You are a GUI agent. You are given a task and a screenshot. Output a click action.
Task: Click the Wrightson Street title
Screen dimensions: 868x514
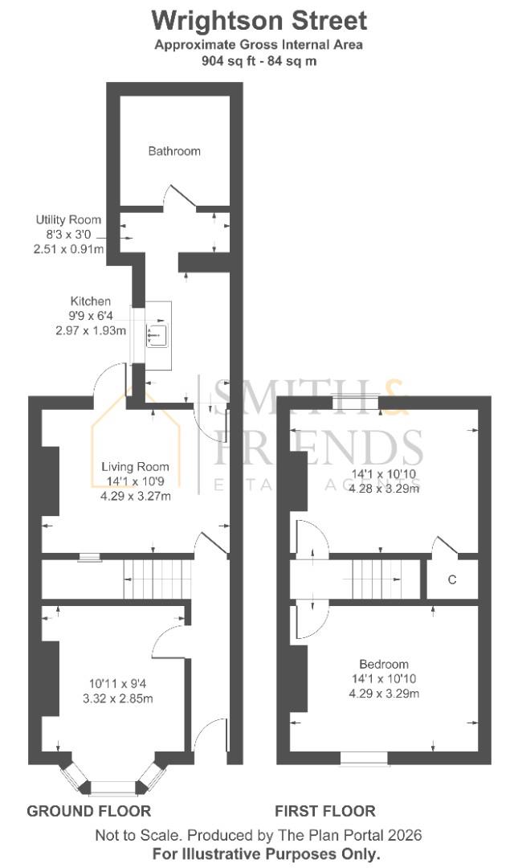coord(259,20)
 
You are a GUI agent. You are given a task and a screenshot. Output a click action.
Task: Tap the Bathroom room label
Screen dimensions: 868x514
coord(174,151)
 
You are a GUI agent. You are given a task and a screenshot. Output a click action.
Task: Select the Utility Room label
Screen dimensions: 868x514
coord(68,219)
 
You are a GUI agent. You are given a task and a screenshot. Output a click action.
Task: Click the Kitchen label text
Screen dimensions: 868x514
coord(90,301)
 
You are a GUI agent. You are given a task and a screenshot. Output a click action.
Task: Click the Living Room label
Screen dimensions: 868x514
coord(135,467)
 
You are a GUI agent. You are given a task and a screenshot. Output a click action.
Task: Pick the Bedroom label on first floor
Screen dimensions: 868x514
coord(383,665)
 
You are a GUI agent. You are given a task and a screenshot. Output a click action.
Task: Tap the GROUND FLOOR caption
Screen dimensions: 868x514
coord(89,811)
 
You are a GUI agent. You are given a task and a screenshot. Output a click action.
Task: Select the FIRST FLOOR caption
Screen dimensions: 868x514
coord(325,811)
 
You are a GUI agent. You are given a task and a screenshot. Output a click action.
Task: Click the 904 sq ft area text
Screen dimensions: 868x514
coord(259,60)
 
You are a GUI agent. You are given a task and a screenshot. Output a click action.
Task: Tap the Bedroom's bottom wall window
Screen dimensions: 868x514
coord(364,758)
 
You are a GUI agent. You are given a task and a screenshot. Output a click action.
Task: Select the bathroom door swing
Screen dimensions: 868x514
coord(180,195)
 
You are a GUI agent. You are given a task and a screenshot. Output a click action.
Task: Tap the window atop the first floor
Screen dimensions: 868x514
coord(356,400)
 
